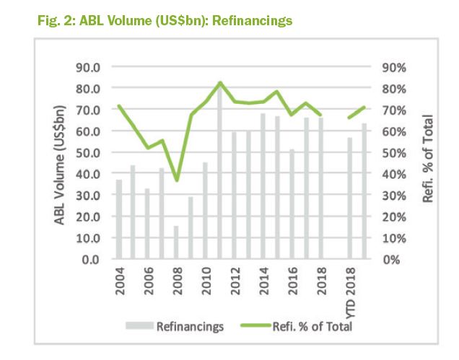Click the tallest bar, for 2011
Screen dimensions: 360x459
[x=219, y=173]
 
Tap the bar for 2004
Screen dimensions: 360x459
[x=119, y=219]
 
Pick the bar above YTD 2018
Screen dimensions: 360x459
[x=350, y=198]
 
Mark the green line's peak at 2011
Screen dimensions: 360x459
[x=220, y=82]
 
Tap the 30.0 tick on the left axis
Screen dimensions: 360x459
[x=89, y=196]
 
